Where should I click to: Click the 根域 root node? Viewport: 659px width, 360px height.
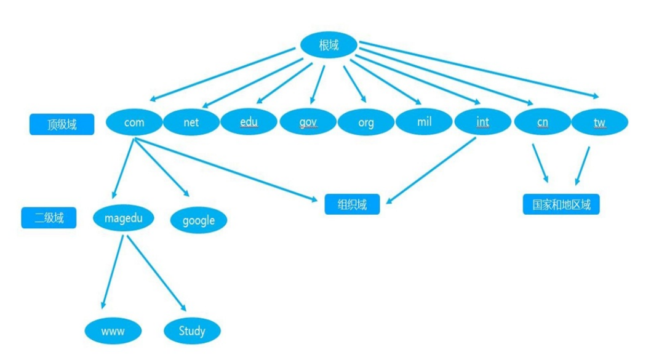pyautogui.click(x=329, y=46)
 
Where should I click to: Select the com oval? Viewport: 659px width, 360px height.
pyautogui.click(x=134, y=122)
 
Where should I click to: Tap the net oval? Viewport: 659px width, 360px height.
pyautogui.click(x=191, y=122)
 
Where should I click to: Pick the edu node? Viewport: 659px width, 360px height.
pyautogui.click(x=249, y=122)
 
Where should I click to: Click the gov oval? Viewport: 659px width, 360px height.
pyautogui.click(x=308, y=122)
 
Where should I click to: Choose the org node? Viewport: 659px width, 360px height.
pyautogui.click(x=365, y=122)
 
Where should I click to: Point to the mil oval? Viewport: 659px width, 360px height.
pyautogui.click(x=424, y=121)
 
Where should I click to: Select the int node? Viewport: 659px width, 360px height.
pyautogui.click(x=482, y=122)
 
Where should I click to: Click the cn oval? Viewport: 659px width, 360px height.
pyautogui.click(x=541, y=122)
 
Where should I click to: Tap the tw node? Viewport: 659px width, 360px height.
pyautogui.click(x=599, y=122)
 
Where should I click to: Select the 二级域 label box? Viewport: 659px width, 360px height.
pyautogui.click(x=49, y=218)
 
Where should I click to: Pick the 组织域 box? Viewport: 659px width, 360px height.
pyautogui.click(x=352, y=204)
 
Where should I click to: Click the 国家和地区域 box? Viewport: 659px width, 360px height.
pyautogui.click(x=561, y=204)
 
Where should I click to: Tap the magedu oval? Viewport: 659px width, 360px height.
pyautogui.click(x=124, y=218)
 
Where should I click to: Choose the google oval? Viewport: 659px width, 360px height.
pyautogui.click(x=198, y=220)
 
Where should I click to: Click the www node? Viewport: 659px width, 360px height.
pyautogui.click(x=113, y=331)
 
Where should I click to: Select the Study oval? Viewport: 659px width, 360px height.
pyautogui.click(x=192, y=331)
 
